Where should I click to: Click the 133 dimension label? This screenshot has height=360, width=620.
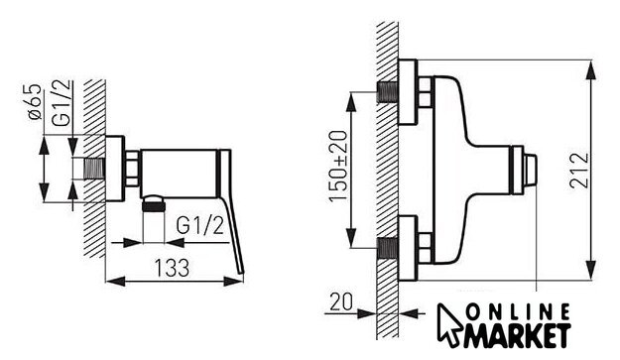(x=172, y=268)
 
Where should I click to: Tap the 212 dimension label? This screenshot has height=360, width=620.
(x=579, y=171)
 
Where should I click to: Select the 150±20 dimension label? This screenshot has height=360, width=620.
(x=338, y=166)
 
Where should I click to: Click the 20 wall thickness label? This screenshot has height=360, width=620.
(x=341, y=301)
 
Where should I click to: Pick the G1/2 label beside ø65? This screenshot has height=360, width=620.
(x=62, y=103)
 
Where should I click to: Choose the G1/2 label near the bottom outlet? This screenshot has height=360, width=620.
(x=200, y=226)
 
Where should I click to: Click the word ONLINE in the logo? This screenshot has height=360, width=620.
(x=518, y=312)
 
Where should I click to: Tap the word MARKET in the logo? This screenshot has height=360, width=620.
(x=518, y=336)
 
